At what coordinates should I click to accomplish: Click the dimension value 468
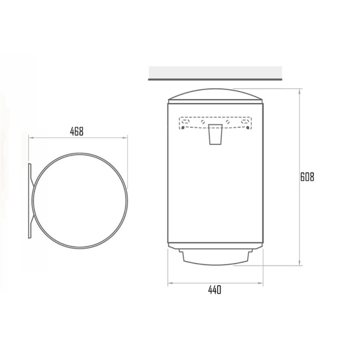point(76,131)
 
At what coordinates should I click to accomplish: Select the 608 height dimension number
point(307,177)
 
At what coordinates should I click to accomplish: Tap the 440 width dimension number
point(215,290)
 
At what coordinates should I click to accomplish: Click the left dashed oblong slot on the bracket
point(185,121)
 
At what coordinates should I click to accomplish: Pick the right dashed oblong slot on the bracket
point(245,121)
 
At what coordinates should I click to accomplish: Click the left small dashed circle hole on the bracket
point(203,121)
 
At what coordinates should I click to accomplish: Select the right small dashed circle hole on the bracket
point(228,121)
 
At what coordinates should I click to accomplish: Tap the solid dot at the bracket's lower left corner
point(183,128)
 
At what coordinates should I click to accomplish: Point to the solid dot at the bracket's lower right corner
point(247,128)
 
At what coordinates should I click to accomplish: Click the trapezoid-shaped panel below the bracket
point(216,135)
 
